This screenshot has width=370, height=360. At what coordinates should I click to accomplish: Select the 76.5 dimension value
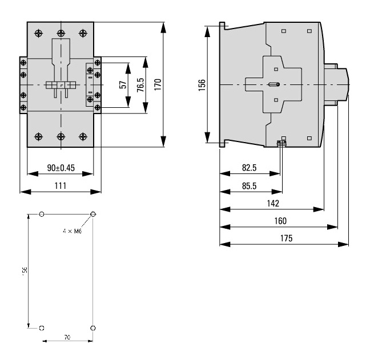coord(139,85)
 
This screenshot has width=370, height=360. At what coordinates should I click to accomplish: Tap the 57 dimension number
coord(122,85)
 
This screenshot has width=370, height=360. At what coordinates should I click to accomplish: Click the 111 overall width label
coord(61,185)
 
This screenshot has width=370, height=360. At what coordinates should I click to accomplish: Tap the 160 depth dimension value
coord(280,221)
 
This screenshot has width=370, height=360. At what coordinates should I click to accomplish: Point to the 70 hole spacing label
coord(67,338)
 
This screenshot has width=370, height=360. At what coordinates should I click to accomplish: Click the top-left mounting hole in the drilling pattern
coord(41,215)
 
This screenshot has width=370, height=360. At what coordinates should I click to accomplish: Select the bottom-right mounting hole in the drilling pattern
coord(93,328)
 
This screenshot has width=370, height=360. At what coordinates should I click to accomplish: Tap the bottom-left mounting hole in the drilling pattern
coord(41,328)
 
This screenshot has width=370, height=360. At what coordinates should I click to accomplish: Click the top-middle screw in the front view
coord(61,33)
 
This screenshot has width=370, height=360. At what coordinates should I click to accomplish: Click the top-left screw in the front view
coord(39,33)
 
